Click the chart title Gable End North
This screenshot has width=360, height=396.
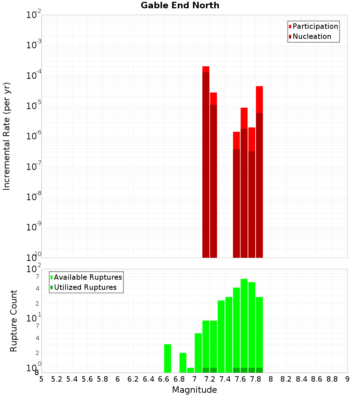coord(180,5)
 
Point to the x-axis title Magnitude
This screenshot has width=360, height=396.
coord(194,390)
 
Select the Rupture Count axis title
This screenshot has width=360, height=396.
coord(14,320)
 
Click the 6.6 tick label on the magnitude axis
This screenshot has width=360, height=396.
coord(164,379)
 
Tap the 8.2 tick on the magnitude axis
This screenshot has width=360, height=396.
coord(286,379)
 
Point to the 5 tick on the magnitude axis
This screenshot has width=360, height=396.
coord(41,379)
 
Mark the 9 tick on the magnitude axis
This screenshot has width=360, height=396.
coord(347,379)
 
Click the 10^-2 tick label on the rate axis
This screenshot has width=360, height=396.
coord(34,15)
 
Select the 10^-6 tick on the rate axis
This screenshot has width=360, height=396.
coord(34,136)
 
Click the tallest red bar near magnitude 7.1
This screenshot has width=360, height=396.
coord(206,162)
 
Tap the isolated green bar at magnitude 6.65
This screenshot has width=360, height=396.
coord(167,359)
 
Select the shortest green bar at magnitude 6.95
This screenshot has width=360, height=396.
coord(190,370)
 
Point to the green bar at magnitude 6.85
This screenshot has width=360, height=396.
coord(183,363)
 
